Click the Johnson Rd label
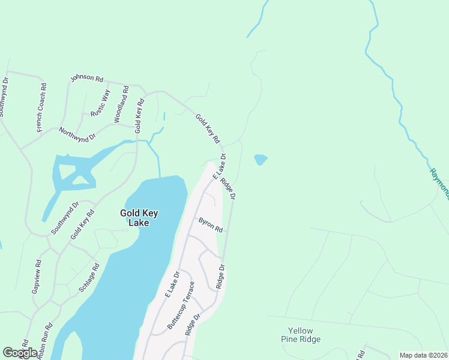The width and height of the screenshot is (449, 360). pyautogui.click(x=87, y=78)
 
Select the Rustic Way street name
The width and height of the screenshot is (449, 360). pyautogui.click(x=101, y=103)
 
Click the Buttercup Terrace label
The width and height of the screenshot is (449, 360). pyautogui.click(x=181, y=305)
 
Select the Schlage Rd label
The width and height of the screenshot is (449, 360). pyautogui.click(x=89, y=278)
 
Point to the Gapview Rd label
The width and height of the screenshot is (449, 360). pyautogui.click(x=37, y=277)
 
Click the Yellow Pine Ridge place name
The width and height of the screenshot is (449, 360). pyautogui.click(x=304, y=335)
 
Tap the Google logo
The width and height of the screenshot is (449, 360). pyautogui.click(x=20, y=353)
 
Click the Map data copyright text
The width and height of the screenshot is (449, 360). pyautogui.click(x=423, y=355)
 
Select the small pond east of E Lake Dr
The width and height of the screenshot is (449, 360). pyautogui.click(x=261, y=160)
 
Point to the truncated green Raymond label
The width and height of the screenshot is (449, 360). pyautogui.click(x=439, y=183)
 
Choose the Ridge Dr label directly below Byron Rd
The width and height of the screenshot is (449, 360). pyautogui.click(x=220, y=276)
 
